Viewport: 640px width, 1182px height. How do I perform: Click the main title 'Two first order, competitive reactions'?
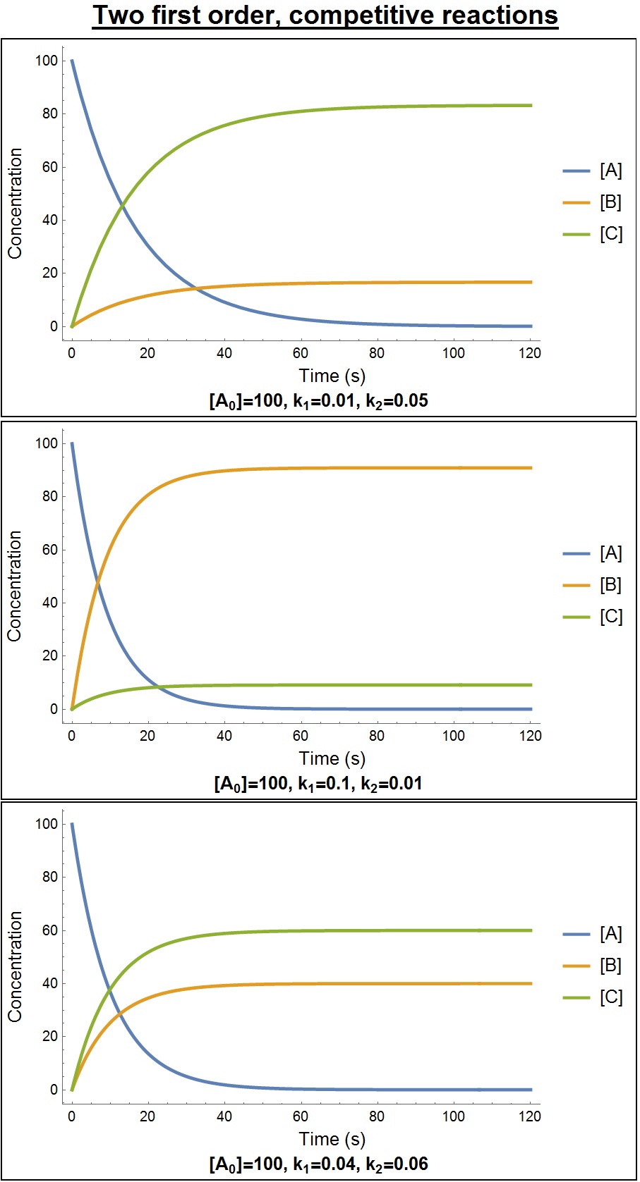(325, 16)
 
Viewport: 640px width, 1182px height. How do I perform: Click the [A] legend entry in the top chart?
(610, 171)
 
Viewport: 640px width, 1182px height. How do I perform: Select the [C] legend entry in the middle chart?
(610, 617)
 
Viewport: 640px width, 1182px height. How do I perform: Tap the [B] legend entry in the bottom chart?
(610, 966)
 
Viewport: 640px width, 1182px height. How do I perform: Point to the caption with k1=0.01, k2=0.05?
(319, 401)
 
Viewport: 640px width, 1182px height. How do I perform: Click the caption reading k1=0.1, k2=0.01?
(318, 783)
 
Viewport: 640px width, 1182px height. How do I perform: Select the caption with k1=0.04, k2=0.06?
(319, 1164)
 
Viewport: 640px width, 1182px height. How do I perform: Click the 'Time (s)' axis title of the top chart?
(332, 376)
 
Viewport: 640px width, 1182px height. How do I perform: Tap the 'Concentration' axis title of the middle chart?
(15, 586)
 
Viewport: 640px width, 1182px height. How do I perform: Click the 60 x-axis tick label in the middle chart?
(301, 736)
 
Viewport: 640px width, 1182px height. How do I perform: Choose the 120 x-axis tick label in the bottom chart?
(529, 1116)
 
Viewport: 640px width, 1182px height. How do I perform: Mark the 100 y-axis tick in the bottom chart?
(46, 824)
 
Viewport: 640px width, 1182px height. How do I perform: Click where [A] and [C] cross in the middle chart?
(159, 687)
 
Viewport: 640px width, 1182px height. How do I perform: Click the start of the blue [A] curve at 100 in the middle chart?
(72, 443)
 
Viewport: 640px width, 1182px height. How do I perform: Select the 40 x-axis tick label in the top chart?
(224, 353)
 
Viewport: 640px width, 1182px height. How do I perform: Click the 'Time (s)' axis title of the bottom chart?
(332, 1139)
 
